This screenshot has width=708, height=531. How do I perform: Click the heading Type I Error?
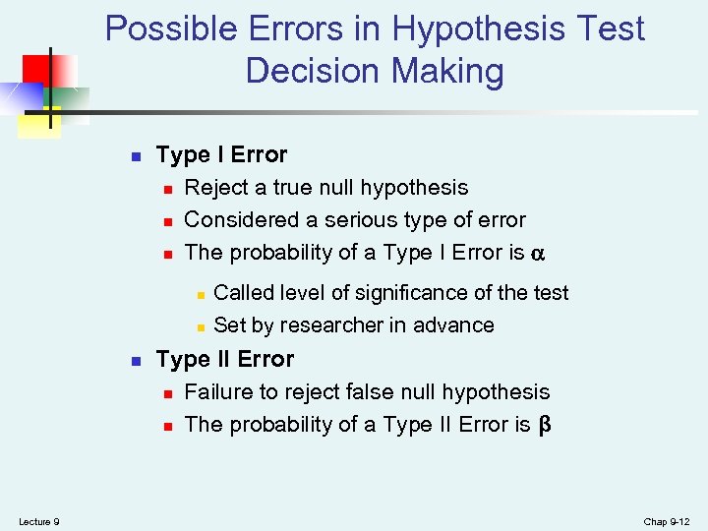pos(221,155)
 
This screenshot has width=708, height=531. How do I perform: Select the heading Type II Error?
pos(225,360)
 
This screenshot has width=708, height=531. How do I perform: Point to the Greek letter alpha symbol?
pos(537,254)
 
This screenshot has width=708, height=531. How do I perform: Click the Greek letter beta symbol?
pos(544,426)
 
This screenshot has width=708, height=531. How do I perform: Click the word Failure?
pos(218,392)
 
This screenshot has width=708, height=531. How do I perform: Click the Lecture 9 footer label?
pos(39,521)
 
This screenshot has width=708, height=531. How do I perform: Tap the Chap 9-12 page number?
pos(668,521)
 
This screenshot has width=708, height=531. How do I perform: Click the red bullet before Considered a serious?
pos(168,221)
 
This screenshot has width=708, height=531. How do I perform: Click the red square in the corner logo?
pos(37,69)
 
